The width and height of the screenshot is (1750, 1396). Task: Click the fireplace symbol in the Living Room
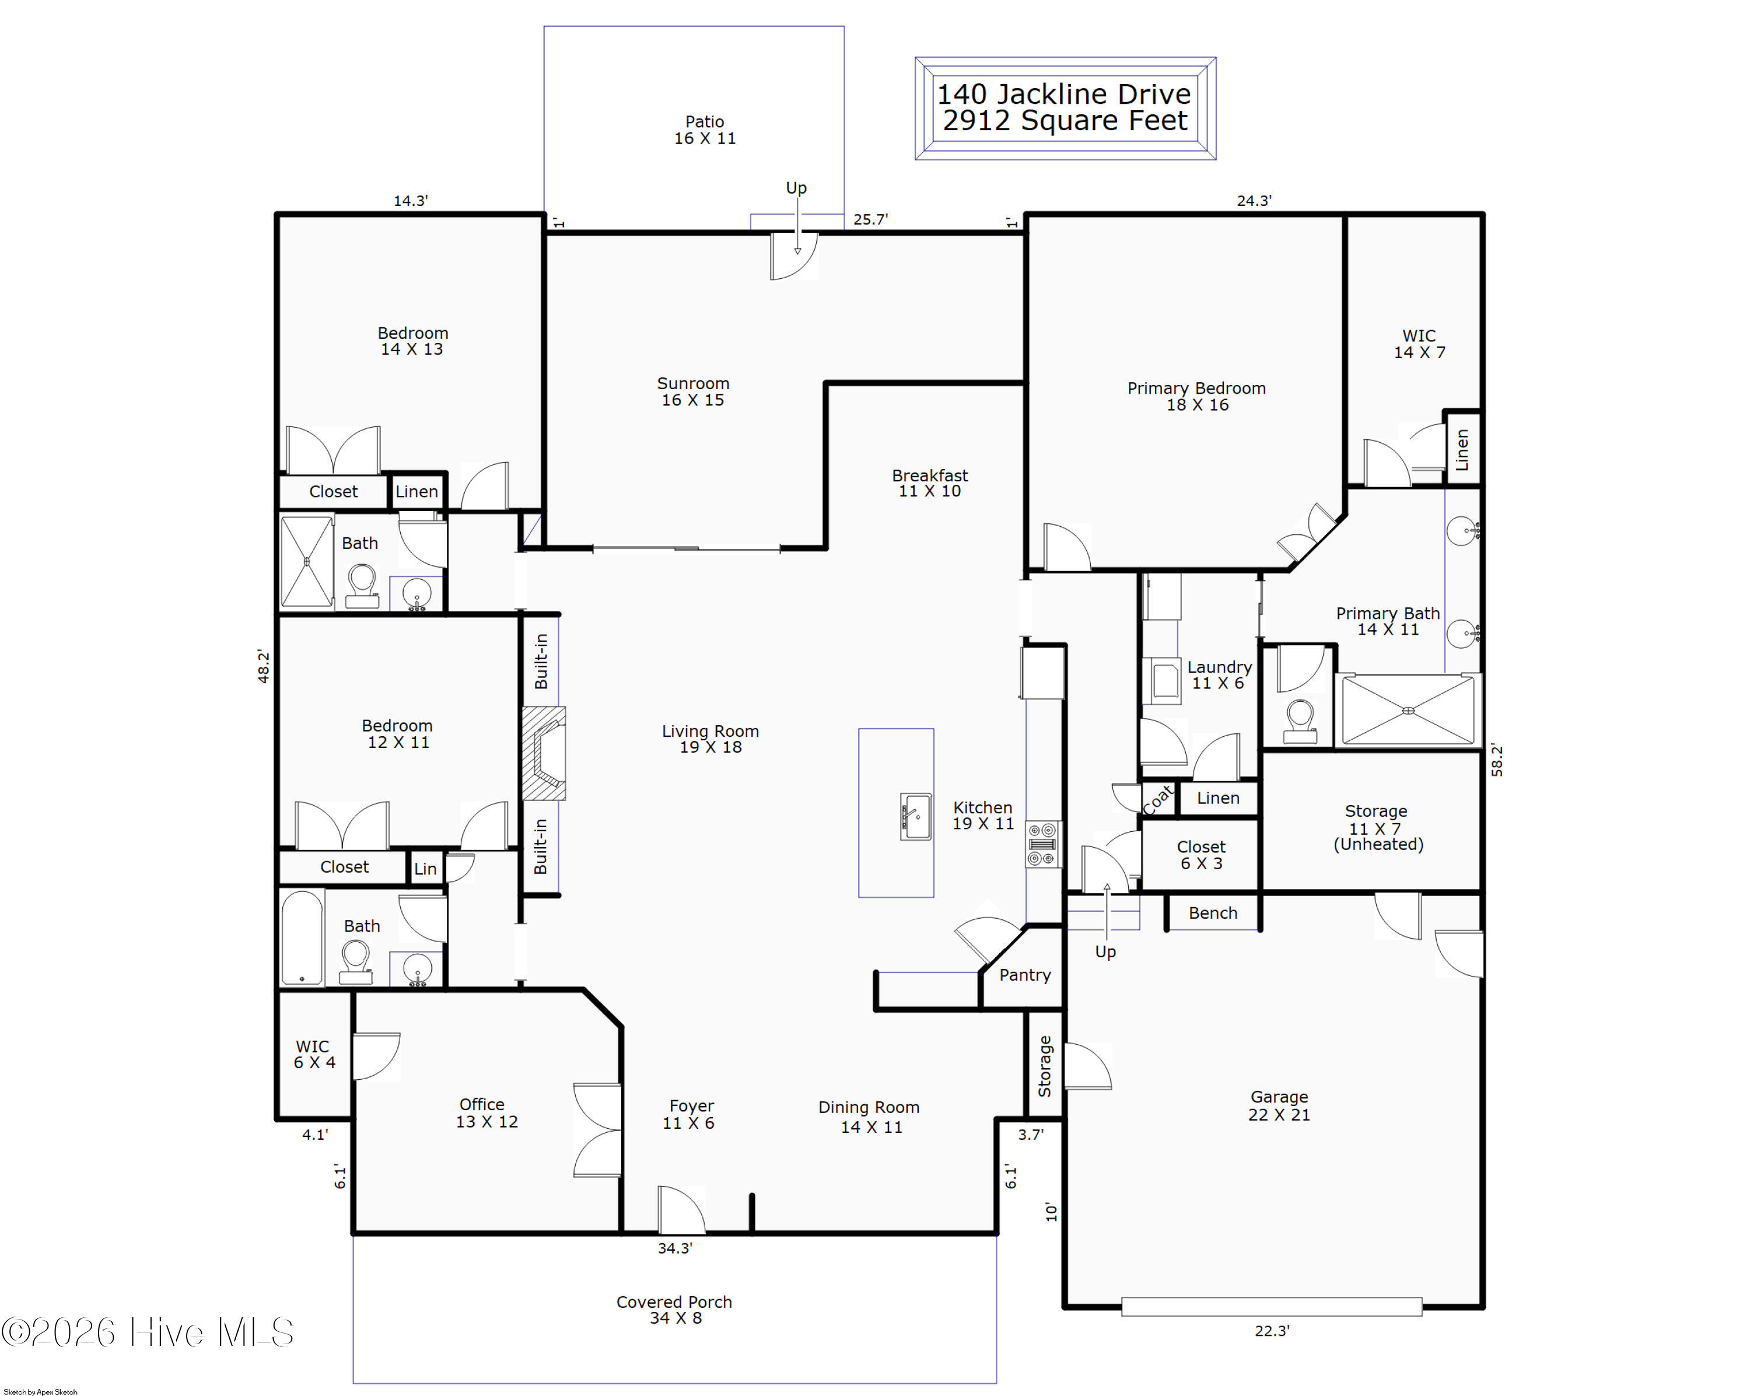click(x=543, y=753)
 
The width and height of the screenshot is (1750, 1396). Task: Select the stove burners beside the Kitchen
click(x=1043, y=844)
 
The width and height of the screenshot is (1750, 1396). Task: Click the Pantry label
click(x=1024, y=975)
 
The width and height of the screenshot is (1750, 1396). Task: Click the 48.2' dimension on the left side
click(x=263, y=666)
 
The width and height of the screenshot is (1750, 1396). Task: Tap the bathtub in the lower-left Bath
click(x=302, y=937)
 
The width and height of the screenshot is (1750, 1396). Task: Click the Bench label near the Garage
click(x=1213, y=913)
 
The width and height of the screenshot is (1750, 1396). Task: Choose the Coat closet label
click(x=1158, y=799)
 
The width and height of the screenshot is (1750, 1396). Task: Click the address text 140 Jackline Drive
click(x=1064, y=94)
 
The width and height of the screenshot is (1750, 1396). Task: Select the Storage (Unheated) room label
click(x=1377, y=827)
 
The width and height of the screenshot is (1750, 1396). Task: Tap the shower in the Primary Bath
click(x=1408, y=710)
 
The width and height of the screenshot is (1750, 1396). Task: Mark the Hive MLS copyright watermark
click(x=147, y=1332)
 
